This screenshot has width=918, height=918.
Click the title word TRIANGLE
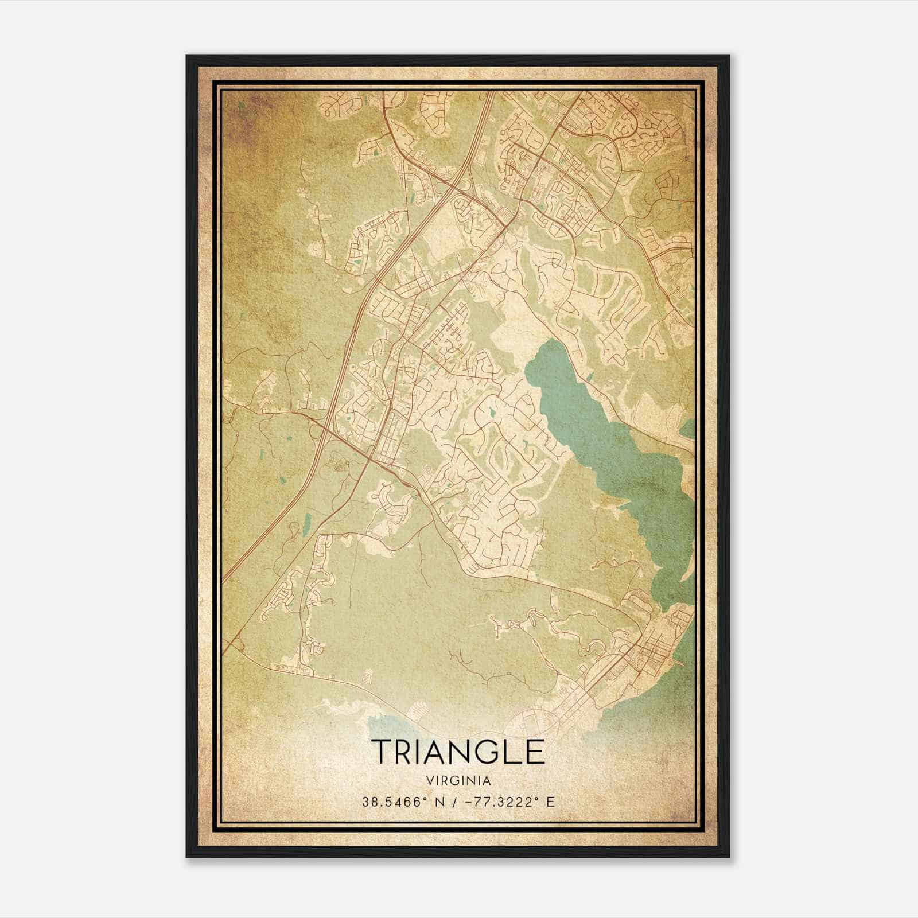(458, 751)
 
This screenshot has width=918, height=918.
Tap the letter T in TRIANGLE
(382, 751)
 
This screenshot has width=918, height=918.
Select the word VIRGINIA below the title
(458, 780)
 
